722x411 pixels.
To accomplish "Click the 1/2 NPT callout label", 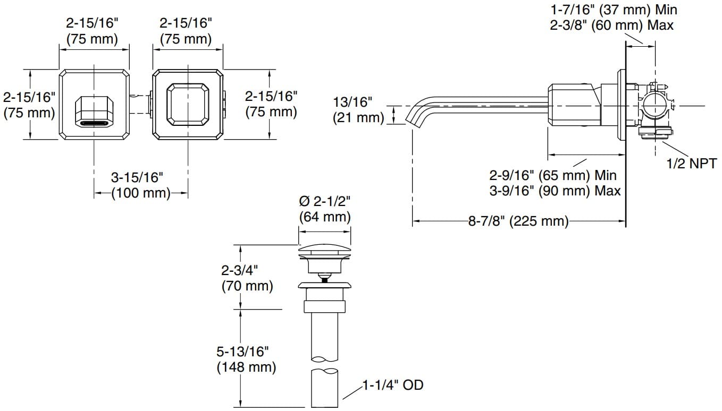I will [691, 164].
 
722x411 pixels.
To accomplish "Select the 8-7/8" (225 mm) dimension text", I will [518, 221].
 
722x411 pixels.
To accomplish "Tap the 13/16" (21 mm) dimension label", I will [358, 109].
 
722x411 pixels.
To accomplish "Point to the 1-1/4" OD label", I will [393, 385].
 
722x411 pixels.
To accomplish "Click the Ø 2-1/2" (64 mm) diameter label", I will [325, 209].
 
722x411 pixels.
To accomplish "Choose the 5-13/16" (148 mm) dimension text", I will [246, 358].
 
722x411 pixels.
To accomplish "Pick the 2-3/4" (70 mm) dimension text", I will [247, 278].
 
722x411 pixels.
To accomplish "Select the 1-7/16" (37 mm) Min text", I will [614, 9].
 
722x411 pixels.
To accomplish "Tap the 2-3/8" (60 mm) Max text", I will [612, 25].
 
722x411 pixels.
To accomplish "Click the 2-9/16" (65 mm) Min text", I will [553, 175].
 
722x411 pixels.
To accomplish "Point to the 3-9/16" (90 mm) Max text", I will [555, 191].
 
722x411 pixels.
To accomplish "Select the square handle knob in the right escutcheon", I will [188, 105].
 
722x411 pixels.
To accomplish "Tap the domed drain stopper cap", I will [324, 250].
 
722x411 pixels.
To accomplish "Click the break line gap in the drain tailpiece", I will [324, 364].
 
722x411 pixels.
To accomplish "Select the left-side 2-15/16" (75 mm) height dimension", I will [29, 105].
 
